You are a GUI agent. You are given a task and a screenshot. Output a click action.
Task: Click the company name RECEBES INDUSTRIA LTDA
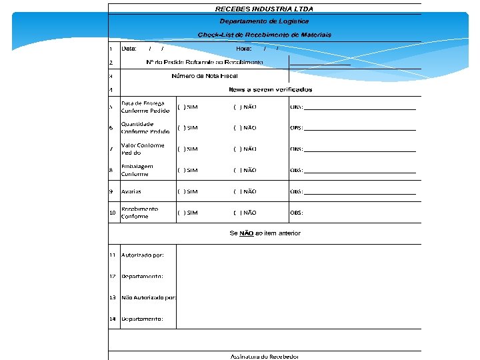pyautogui.click(x=264, y=9)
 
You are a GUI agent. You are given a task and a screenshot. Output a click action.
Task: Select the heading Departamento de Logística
pyautogui.click(x=264, y=21)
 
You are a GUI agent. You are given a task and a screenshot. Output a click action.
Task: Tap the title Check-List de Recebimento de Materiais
pyautogui.click(x=264, y=35)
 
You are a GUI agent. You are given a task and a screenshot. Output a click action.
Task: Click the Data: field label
pyautogui.click(x=129, y=48)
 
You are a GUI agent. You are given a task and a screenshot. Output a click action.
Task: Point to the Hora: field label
pyautogui.click(x=243, y=48)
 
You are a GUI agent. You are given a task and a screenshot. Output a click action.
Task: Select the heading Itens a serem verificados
pyautogui.click(x=270, y=89)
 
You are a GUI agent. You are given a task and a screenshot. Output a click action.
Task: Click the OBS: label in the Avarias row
pyautogui.click(x=296, y=192)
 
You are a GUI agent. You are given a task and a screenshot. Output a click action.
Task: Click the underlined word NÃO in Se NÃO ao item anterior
pyautogui.click(x=247, y=233)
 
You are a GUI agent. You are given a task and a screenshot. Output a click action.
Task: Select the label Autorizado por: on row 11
pyautogui.click(x=142, y=255)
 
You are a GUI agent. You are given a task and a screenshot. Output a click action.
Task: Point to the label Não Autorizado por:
pyautogui.click(x=149, y=297)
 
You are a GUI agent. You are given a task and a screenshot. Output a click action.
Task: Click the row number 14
pyautogui.click(x=113, y=319)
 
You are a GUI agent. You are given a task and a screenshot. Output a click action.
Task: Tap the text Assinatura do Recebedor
pyautogui.click(x=265, y=357)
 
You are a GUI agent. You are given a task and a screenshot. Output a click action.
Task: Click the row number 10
pyautogui.click(x=113, y=213)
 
